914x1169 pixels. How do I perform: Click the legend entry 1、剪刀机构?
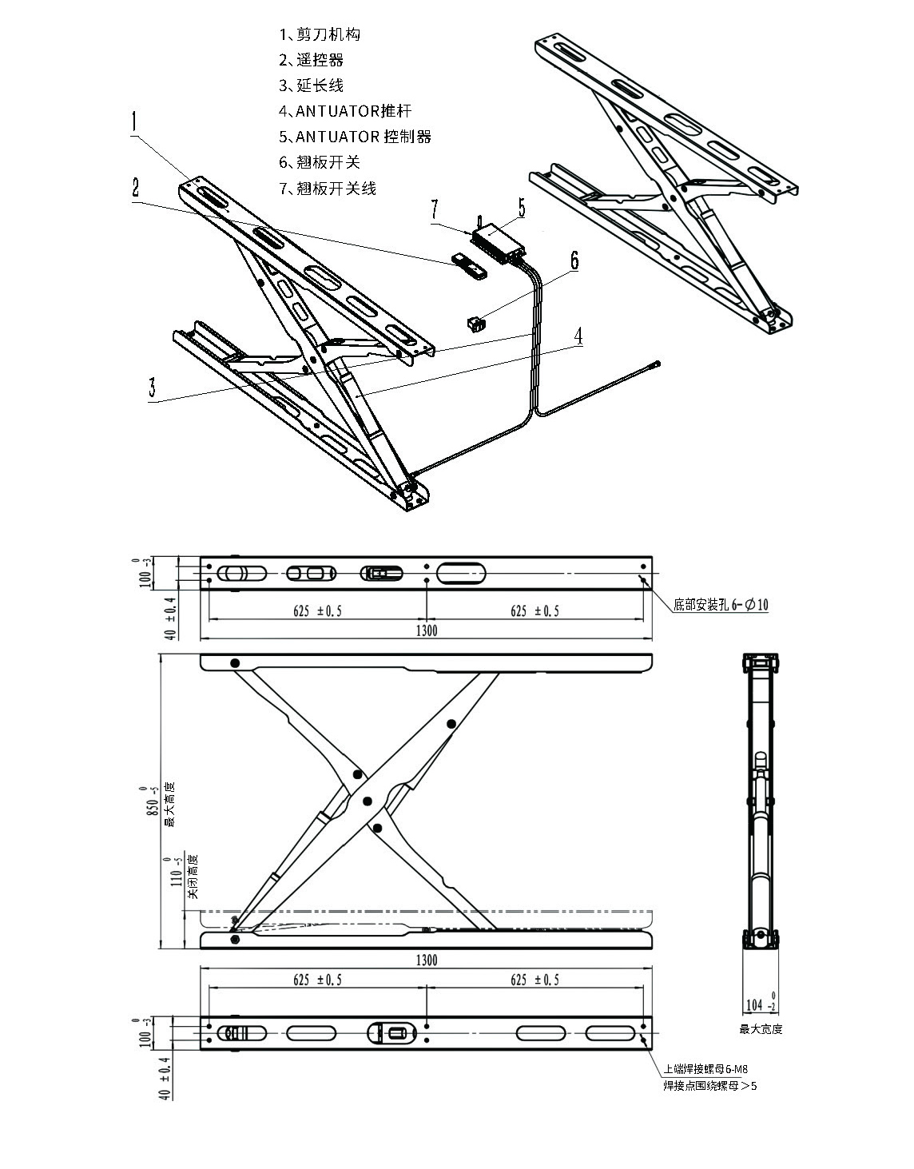click(x=320, y=34)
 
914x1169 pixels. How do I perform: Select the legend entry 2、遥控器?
click(x=311, y=60)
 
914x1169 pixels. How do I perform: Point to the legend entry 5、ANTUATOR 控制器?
click(x=355, y=137)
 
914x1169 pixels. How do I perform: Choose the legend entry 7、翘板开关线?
click(x=328, y=189)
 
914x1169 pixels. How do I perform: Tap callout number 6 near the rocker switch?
click(x=574, y=260)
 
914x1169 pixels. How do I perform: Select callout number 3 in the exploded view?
click(x=153, y=388)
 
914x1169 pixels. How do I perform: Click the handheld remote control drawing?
click(x=469, y=265)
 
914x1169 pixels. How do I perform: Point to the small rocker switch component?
click(x=476, y=323)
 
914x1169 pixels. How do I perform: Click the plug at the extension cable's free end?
click(x=657, y=364)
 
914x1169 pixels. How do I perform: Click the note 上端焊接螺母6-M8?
click(x=705, y=1069)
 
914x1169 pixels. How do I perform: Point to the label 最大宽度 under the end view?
click(x=761, y=1029)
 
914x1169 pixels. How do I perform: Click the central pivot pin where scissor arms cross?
click(x=368, y=801)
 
